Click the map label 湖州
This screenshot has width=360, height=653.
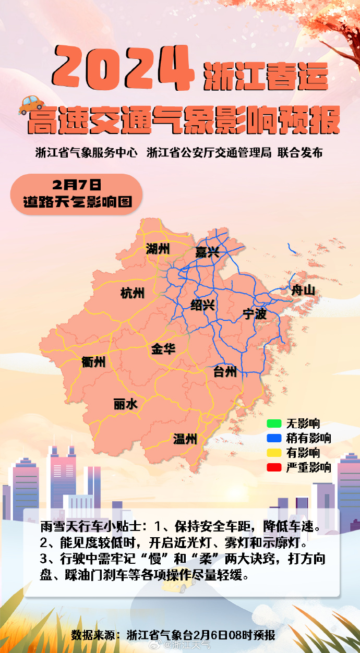[158, 248]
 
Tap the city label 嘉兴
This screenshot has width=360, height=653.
[207, 253]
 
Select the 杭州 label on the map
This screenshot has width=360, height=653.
[132, 294]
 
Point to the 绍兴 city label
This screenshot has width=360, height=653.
[202, 305]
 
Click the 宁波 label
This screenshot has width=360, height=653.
[254, 314]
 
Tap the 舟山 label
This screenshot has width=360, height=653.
[303, 291]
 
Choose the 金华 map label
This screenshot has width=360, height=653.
[163, 349]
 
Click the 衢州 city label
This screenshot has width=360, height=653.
[93, 361]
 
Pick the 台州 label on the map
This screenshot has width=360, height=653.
[225, 372]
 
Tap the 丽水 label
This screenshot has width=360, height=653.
[125, 404]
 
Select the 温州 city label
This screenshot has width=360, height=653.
[185, 439]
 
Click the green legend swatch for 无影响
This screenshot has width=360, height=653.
[274, 424]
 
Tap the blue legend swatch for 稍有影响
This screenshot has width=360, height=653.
[274, 438]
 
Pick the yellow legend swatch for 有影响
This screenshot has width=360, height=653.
[274, 453]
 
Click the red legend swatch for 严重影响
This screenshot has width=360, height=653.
[274, 467]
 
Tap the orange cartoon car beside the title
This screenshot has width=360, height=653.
[31, 104]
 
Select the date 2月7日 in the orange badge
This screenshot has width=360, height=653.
[76, 185]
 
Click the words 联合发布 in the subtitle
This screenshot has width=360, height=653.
[300, 153]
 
